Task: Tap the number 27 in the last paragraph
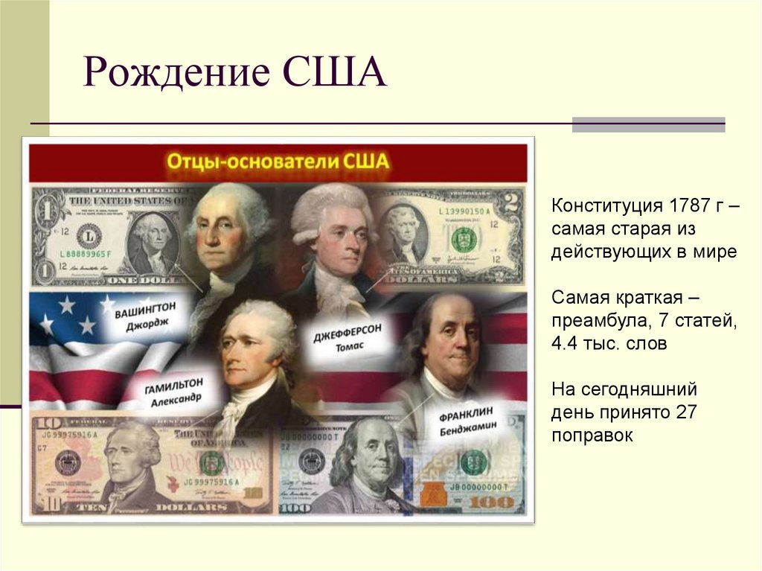tap(687, 412)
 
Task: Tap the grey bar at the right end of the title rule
tap(648, 124)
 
